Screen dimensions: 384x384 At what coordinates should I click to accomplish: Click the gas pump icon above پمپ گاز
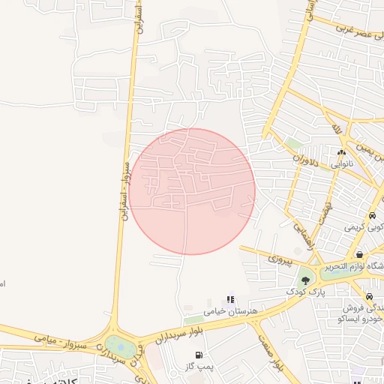(x=199, y=355)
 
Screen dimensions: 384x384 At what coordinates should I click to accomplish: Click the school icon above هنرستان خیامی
(x=230, y=300)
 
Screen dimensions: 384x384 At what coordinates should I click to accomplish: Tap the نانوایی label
(x=341, y=163)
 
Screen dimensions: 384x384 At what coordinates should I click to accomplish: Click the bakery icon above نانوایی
(x=341, y=152)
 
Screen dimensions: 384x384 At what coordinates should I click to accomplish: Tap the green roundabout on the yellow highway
(x=118, y=346)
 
